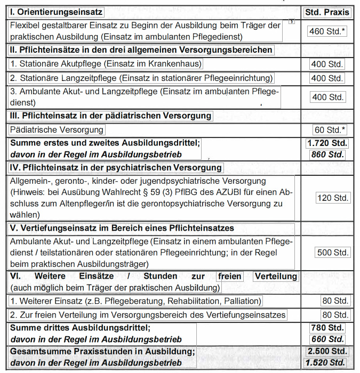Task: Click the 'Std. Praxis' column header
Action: click(x=326, y=12)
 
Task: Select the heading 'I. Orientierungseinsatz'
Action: click(x=56, y=12)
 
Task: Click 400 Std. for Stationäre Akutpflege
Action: click(x=327, y=64)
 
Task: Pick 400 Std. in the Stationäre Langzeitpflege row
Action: click(x=327, y=78)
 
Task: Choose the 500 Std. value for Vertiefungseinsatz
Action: click(x=332, y=253)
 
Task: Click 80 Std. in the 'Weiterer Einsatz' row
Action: click(x=334, y=301)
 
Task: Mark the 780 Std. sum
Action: click(x=327, y=328)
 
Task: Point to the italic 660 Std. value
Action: click(x=327, y=339)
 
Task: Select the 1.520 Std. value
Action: click(x=325, y=363)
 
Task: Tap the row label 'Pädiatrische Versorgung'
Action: click(x=56, y=129)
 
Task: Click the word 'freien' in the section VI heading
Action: click(x=229, y=277)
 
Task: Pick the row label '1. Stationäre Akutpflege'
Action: click(x=107, y=64)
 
